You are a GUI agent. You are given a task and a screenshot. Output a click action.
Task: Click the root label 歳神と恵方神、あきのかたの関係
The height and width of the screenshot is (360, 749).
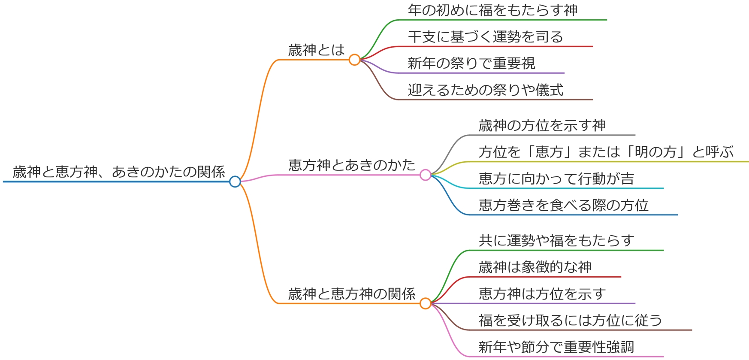coord(119,172)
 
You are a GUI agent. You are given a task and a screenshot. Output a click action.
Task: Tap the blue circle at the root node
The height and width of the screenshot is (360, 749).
coord(235,182)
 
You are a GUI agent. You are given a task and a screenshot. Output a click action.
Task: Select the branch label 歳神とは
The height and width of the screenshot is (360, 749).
coord(317,50)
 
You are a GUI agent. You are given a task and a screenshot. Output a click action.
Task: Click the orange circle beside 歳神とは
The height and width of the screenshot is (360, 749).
coord(354,60)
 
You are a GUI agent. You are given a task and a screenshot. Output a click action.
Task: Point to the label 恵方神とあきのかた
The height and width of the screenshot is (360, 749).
coord(352,165)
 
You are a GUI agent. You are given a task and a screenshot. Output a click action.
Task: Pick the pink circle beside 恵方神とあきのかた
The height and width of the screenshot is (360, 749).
coord(425,175)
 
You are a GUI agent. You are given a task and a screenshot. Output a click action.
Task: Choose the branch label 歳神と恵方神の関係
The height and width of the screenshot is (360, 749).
coord(352,294)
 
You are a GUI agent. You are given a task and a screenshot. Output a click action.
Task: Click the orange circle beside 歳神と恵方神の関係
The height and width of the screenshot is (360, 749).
coord(425,303)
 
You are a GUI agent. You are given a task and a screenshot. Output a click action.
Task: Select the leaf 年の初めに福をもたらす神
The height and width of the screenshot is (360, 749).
coord(492,10)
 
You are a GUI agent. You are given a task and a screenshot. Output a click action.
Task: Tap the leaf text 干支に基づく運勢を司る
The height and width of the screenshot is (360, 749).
coord(486,37)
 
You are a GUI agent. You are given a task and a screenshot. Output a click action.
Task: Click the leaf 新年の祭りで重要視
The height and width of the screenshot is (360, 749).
coord(471,64)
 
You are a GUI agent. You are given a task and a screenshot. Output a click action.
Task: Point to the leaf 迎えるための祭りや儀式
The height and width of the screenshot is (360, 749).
coord(486,90)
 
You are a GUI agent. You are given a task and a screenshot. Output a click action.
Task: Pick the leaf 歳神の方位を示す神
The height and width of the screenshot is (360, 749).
coord(542,126)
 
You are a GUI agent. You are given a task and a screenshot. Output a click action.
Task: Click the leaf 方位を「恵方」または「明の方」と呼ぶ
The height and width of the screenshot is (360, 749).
coord(606,152)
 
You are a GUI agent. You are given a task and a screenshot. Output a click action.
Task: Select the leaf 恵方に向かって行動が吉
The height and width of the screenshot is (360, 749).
coord(556,179)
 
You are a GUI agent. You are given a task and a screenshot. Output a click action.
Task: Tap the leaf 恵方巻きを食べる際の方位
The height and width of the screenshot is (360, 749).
coord(564,206)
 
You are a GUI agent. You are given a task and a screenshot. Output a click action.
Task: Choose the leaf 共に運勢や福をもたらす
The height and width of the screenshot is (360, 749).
coord(556,241)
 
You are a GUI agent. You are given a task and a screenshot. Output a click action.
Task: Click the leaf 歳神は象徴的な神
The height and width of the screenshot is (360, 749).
coord(535,267)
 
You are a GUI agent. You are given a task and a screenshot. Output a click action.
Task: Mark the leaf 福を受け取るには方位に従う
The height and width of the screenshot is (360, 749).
coord(571,321)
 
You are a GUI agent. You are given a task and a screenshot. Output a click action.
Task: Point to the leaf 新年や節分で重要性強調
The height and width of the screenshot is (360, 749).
coord(556,347)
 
